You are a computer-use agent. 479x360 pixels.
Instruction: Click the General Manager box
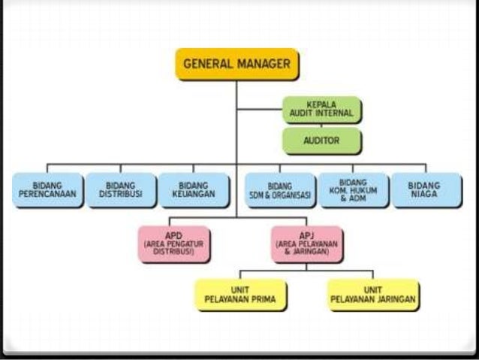(236, 65)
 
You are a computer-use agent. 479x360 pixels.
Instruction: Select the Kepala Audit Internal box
(322, 110)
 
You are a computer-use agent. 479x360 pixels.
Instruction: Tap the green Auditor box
(322, 140)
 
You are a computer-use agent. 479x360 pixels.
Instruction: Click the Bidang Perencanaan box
(47, 189)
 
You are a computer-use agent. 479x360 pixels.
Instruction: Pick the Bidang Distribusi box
(120, 189)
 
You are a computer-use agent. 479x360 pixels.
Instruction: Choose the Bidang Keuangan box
(193, 189)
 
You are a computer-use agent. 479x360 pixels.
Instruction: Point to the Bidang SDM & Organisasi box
(280, 189)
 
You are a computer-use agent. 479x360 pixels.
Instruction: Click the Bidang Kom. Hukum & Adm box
(354, 189)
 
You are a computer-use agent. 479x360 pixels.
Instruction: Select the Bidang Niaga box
(426, 189)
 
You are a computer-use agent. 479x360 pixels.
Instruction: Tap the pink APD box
(174, 243)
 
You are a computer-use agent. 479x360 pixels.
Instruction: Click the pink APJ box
(307, 243)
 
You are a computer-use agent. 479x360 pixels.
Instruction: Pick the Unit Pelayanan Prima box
(236, 294)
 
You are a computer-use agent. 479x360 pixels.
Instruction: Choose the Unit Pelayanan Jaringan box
(372, 294)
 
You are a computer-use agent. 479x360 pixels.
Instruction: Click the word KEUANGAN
(193, 194)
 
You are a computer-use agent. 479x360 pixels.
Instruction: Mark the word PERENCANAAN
(47, 194)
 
